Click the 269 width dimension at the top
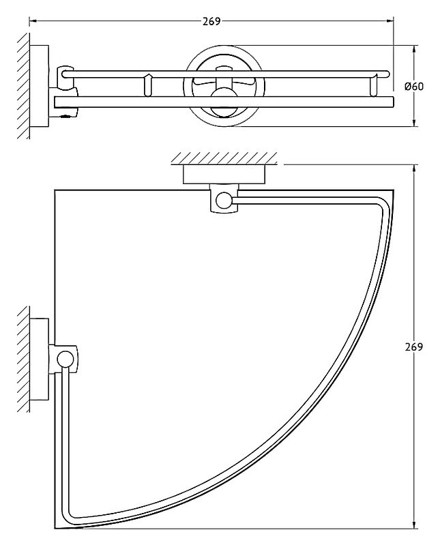(211, 22)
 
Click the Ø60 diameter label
(414, 86)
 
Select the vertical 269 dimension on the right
(414, 347)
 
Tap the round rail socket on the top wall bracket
(224, 201)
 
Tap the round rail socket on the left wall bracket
(65, 359)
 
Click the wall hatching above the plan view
(224, 158)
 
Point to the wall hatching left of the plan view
(23, 359)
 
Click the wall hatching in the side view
(23, 86)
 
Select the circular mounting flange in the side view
(224, 86)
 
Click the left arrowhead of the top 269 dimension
(33, 22)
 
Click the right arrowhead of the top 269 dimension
(390, 22)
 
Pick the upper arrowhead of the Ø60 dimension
(414, 49)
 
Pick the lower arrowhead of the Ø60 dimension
(414, 122)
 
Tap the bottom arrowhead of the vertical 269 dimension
(414, 525)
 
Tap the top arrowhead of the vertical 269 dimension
(414, 168)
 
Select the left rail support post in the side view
(148, 85)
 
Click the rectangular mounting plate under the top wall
(224, 175)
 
